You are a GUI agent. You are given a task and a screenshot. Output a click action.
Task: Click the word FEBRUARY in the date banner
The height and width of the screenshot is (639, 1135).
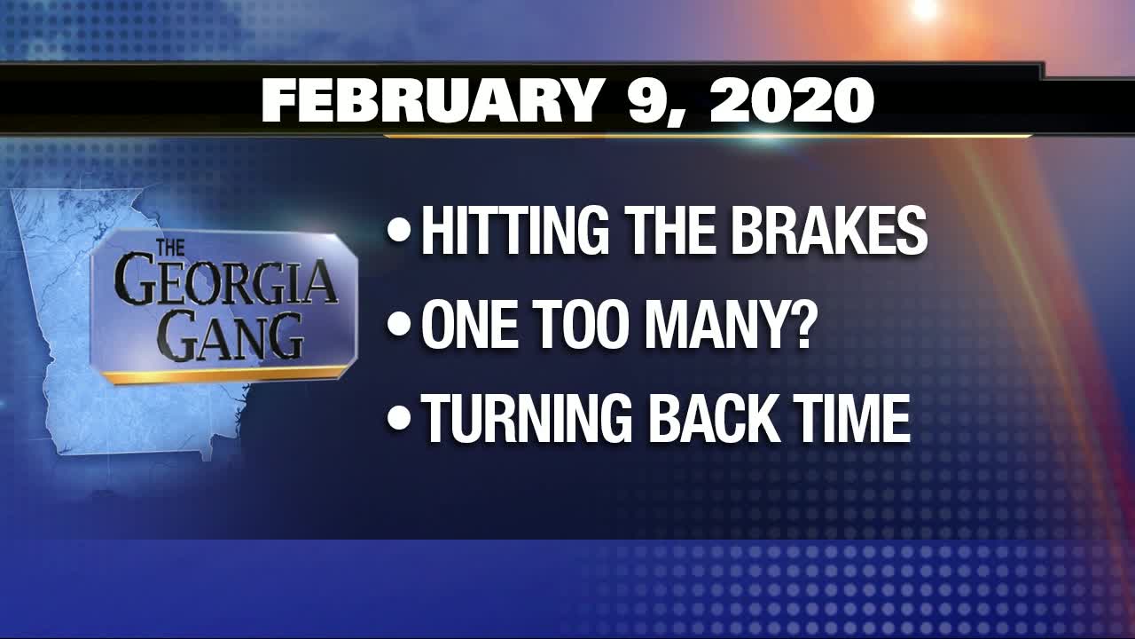[430, 102]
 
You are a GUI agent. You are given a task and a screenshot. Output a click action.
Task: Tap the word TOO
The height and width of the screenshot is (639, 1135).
[580, 327]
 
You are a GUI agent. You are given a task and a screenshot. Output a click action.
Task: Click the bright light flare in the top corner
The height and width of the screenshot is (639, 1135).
[925, 10]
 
